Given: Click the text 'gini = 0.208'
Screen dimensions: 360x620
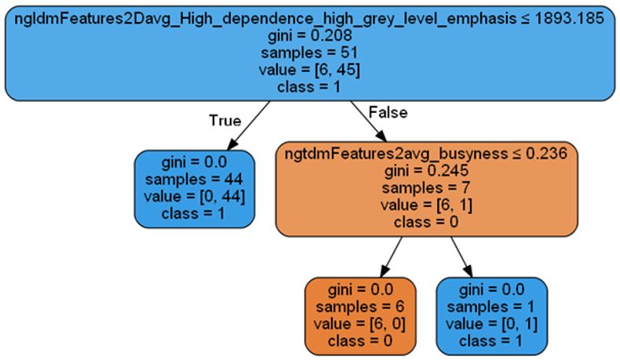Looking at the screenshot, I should (309, 35).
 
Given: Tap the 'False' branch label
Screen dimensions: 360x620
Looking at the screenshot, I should (388, 112).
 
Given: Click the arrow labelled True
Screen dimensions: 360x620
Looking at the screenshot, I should (250, 125).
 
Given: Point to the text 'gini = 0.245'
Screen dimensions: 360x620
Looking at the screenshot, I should (425, 170).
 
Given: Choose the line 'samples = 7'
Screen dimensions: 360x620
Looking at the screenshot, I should (425, 187).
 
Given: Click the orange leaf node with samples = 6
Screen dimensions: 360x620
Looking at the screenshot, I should (360, 315).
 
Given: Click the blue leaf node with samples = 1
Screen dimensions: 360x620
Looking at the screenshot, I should (491, 315).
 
